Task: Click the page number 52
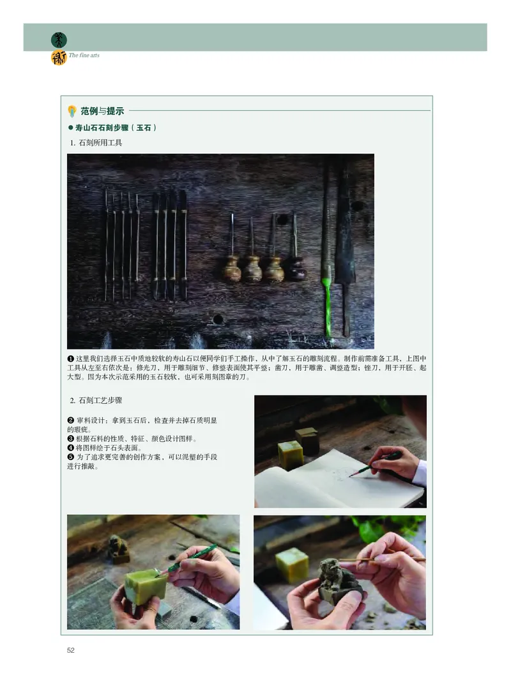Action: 71,650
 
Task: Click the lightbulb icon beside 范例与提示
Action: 73,110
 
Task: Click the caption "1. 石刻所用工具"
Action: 96,143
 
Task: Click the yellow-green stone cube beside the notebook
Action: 290,454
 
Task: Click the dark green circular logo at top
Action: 59,40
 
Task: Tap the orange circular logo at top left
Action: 59,58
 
